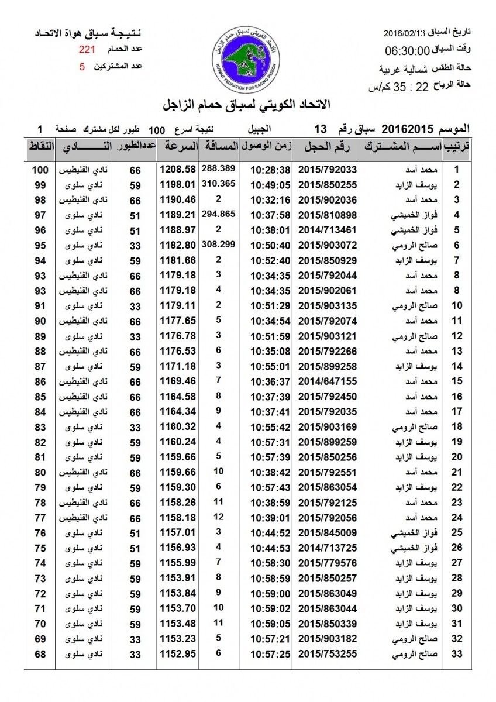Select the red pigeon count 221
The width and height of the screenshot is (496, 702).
[87, 50]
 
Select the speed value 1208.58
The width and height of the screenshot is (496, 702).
[178, 170]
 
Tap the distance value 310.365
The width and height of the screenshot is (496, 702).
[218, 183]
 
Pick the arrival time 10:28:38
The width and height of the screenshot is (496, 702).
[271, 170]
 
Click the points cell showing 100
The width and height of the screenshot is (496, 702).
[40, 170]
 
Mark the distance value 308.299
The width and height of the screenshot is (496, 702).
[218, 243]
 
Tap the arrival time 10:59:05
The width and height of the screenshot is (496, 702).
[271, 622]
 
